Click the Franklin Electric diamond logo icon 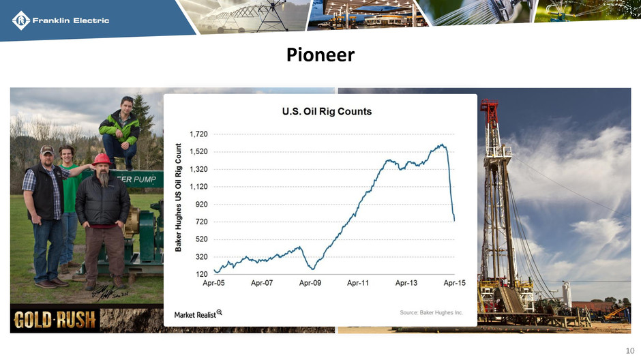point(21,20)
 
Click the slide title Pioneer point(320,55)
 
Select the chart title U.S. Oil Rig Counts point(327,112)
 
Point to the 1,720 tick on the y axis point(198,134)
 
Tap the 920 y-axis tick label point(202,205)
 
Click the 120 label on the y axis point(202,274)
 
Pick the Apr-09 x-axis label point(310,283)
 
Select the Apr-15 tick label point(455,283)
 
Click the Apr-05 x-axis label point(214,283)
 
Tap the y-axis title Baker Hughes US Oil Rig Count point(178,197)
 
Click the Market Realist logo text point(198,314)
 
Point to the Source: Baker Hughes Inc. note point(431,312)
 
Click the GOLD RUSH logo point(55,320)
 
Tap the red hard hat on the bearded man point(102,160)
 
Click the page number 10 point(630,350)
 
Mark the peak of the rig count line point(442,145)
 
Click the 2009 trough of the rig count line point(313,269)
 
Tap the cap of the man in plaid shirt point(47,149)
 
